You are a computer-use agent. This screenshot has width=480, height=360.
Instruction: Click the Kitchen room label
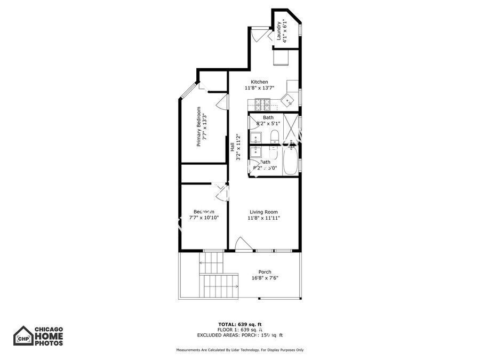(x=259, y=82)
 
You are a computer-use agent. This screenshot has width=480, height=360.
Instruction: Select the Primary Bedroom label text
(x=198, y=127)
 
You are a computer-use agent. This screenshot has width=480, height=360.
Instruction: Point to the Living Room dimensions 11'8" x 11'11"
(x=263, y=218)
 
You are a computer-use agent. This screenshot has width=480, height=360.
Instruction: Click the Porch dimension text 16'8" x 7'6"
(x=265, y=278)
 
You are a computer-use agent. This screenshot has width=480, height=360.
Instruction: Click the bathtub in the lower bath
(x=291, y=161)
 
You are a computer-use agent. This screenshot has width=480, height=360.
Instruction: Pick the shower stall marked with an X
(x=291, y=127)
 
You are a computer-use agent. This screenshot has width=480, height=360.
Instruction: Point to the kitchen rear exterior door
(x=258, y=35)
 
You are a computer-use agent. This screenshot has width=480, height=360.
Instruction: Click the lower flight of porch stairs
(x=219, y=286)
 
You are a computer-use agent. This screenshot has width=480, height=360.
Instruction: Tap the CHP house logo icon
(x=23, y=336)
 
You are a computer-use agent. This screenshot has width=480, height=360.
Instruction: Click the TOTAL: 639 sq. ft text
(x=239, y=324)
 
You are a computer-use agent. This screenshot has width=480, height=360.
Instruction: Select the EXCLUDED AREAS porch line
(x=239, y=335)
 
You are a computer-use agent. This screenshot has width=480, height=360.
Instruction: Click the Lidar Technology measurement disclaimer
(x=239, y=350)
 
